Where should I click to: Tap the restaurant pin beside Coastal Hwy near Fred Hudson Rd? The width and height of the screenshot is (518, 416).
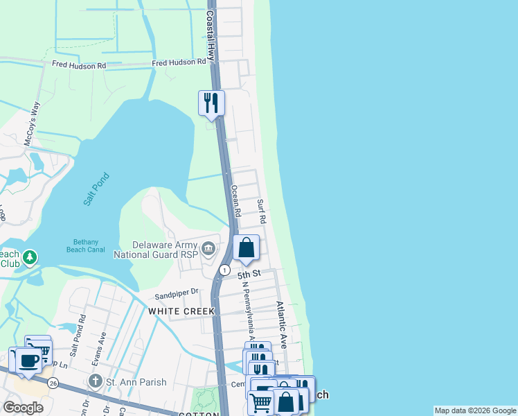pos(211,103)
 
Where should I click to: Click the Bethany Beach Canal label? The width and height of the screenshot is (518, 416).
pos(87,246)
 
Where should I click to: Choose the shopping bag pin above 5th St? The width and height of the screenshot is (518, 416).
pos(246,248)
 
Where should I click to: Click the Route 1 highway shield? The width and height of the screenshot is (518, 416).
pos(224,269)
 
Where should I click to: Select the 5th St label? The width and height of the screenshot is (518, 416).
pos(248,275)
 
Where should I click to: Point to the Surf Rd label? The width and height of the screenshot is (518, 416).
pos(262,211)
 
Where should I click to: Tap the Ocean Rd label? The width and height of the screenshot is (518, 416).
pos(235,201)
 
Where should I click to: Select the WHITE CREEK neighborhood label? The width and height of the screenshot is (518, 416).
pos(177,311)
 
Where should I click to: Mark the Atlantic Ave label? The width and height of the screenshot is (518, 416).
pos(281,324)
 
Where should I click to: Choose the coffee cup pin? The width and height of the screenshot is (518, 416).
pos(28,361)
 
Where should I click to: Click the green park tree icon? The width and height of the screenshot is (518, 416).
pos(29,258)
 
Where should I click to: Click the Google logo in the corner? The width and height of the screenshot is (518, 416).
pos(23,408)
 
